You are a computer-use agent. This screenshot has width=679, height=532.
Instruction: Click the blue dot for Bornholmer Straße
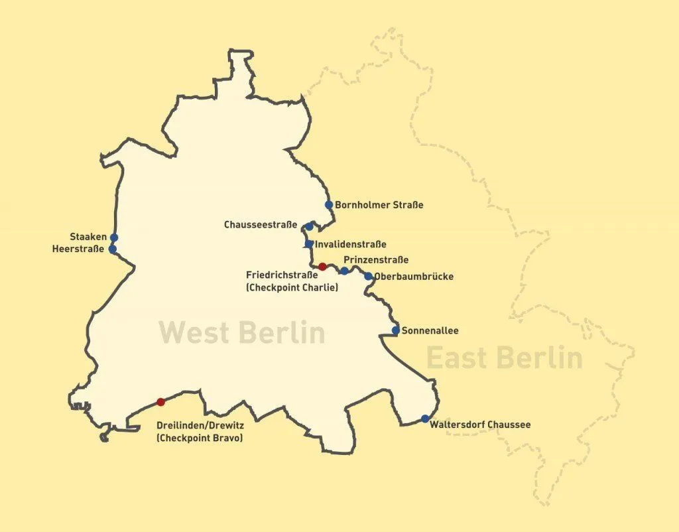pos(329,205)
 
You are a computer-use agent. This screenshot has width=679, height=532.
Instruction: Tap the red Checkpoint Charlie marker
pos(322,267)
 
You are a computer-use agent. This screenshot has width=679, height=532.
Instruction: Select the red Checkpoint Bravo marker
pos(160,402)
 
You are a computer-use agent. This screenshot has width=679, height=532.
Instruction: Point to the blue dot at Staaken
pos(114,237)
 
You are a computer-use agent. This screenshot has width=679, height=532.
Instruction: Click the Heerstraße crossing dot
pos(113,249)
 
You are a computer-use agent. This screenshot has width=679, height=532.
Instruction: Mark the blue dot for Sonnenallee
pos(396,330)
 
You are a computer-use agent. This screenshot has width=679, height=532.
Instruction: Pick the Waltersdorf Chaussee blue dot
pos(425,419)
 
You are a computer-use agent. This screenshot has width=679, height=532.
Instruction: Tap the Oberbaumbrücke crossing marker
pos(369,276)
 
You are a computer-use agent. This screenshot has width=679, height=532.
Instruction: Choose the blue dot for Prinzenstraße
pos(344,271)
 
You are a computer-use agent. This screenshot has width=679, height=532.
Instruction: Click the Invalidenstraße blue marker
pos(309,244)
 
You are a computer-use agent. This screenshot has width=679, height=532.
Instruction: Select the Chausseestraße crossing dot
pos(309,226)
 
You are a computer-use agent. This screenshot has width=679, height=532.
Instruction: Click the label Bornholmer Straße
pos(379,205)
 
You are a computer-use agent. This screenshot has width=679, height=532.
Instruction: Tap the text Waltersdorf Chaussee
pos(480,425)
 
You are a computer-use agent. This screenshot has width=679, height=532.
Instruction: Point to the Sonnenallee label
pos(430,330)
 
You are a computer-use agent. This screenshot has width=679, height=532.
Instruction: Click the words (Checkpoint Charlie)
pos(292,287)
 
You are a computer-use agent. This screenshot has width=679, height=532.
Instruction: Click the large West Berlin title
pos(242,332)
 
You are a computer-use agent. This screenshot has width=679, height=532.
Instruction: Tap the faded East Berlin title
pos(504,358)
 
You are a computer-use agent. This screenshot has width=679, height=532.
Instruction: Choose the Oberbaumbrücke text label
pos(414,276)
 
